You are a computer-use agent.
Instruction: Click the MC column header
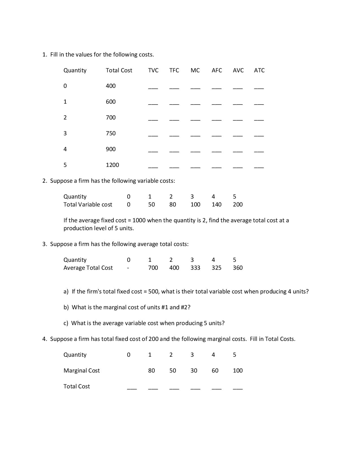pyautogui.click(x=195, y=70)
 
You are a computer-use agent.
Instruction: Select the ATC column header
pyautogui.click(x=259, y=70)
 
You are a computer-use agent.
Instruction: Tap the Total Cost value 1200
pyautogui.click(x=112, y=165)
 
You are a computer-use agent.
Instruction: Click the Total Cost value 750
pyautogui.click(x=111, y=133)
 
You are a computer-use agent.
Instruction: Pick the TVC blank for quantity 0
pyautogui.click(x=153, y=88)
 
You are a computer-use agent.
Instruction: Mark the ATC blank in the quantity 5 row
pyautogui.click(x=259, y=167)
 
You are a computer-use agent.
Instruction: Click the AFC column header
pyautogui.click(x=217, y=70)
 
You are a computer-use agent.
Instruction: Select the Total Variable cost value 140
pyautogui.click(x=217, y=204)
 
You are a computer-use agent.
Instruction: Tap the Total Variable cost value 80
pyautogui.click(x=173, y=204)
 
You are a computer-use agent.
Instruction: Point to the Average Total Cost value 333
pyautogui.click(x=195, y=268)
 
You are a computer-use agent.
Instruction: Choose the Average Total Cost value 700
pyautogui.click(x=153, y=268)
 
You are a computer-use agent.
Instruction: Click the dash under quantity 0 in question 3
pyautogui.click(x=128, y=268)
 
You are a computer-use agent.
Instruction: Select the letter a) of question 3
pyautogui.click(x=66, y=291)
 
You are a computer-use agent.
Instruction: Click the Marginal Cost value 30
pyautogui.click(x=194, y=371)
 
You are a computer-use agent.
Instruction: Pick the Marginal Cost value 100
pyautogui.click(x=238, y=371)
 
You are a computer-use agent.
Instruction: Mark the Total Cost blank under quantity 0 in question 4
pyautogui.click(x=132, y=389)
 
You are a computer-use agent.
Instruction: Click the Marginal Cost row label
pyautogui.click(x=82, y=371)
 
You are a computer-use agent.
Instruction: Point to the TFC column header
pyautogui.click(x=174, y=70)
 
